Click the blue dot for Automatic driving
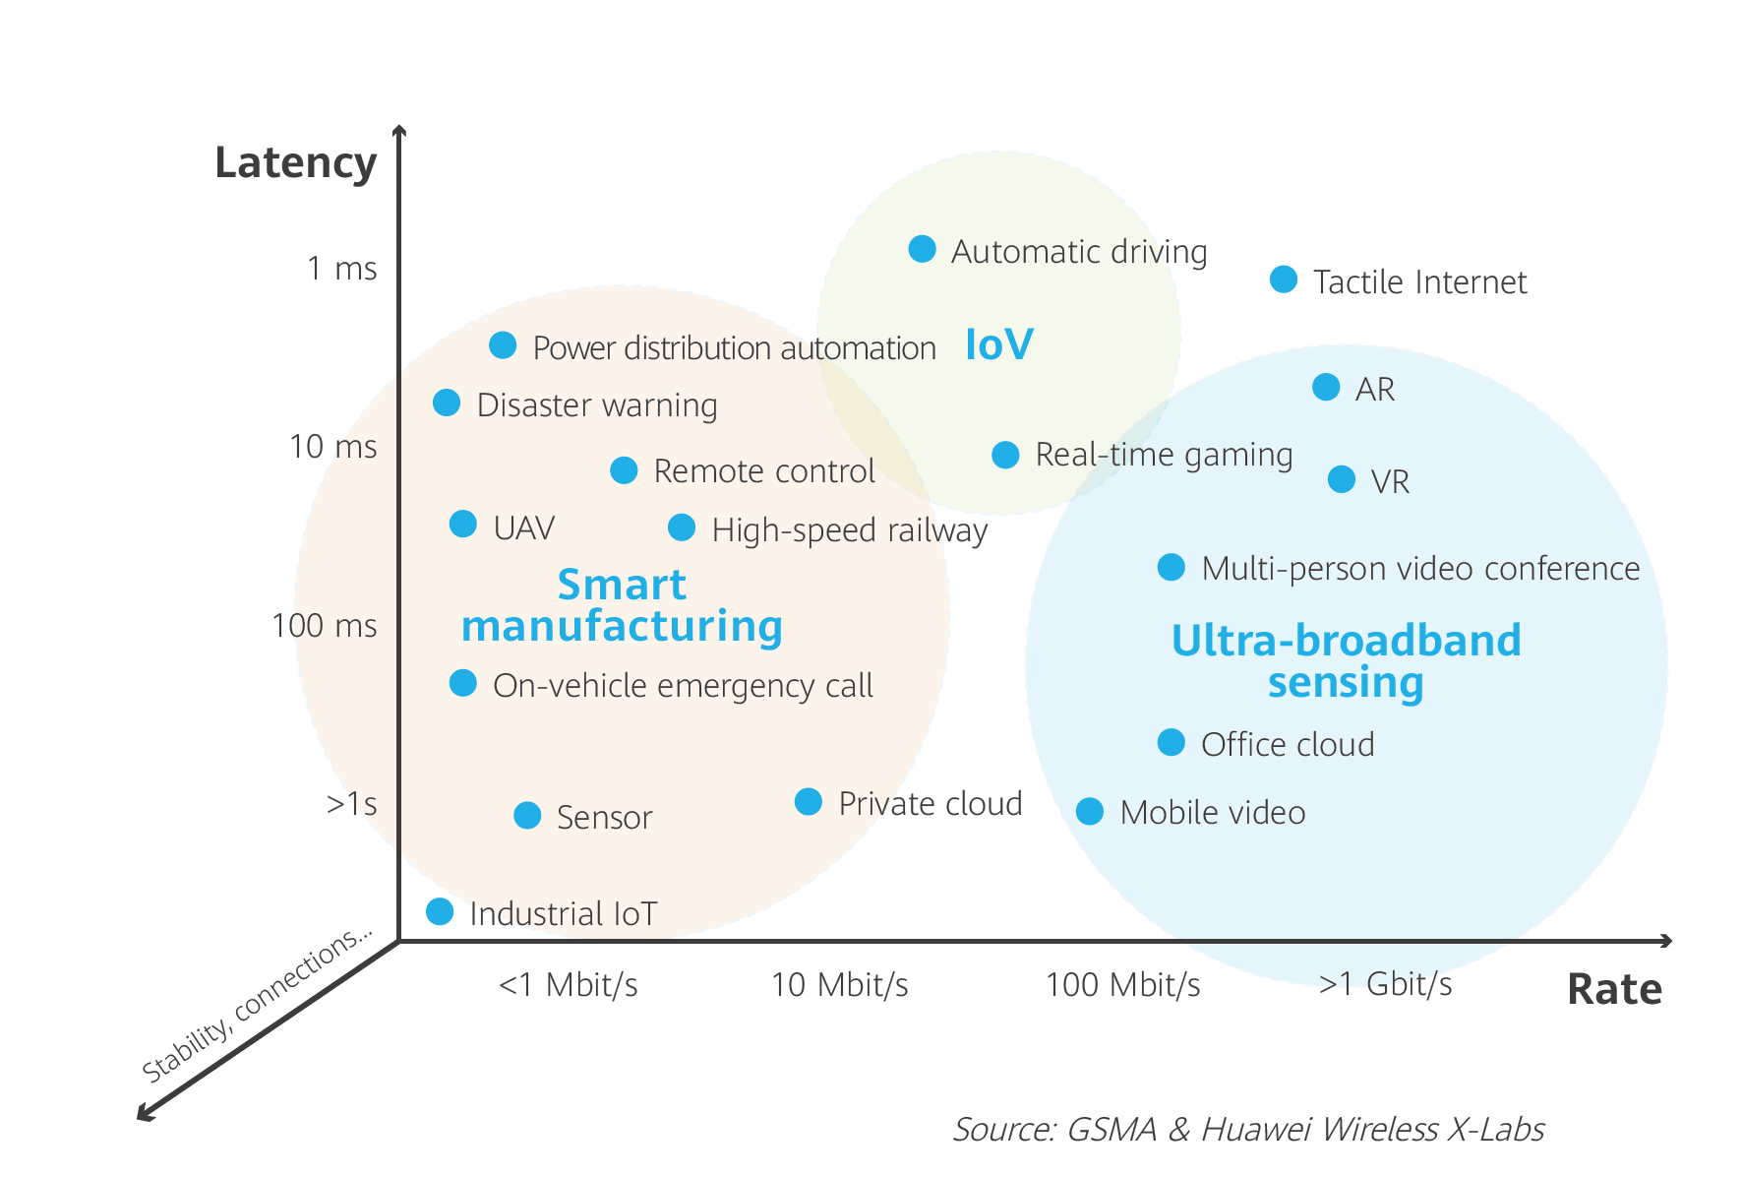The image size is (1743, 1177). click(x=922, y=249)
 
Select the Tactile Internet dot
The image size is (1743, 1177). click(x=1283, y=279)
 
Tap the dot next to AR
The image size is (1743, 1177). click(x=1325, y=387)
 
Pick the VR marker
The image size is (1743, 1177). click(x=1341, y=479)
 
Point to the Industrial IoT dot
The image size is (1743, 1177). click(x=440, y=911)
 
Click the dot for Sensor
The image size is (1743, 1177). click(x=527, y=815)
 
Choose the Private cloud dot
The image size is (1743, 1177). click(x=808, y=802)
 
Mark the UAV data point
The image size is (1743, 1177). click(x=462, y=524)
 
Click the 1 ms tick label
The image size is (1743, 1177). click(x=341, y=268)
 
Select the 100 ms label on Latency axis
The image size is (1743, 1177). click(x=324, y=625)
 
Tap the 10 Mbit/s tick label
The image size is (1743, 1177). click(x=839, y=984)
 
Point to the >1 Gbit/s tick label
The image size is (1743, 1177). click(x=1385, y=984)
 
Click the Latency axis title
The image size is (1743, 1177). click(x=295, y=162)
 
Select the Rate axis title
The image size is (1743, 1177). click(x=1613, y=989)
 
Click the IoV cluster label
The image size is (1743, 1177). click(x=998, y=344)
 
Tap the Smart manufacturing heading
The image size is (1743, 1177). click(x=622, y=605)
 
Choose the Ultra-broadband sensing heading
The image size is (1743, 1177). click(x=1346, y=660)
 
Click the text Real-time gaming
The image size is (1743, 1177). click(x=1164, y=455)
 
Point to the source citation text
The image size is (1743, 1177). click(x=1247, y=1129)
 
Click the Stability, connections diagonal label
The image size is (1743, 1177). click(x=256, y=1004)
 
